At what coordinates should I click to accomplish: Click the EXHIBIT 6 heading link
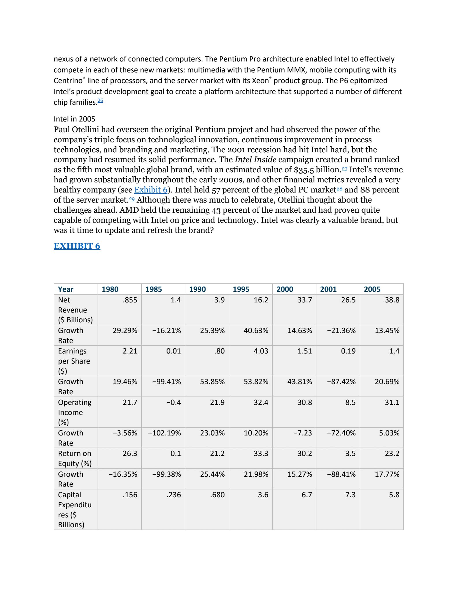click(77, 246)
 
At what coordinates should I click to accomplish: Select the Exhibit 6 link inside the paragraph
click(151, 190)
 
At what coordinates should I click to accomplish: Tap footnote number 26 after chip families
click(100, 100)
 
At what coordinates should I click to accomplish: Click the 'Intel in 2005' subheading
click(74, 119)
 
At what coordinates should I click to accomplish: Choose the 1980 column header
click(110, 289)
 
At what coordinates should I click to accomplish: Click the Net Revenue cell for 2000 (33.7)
click(305, 300)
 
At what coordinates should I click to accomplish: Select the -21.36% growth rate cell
click(341, 331)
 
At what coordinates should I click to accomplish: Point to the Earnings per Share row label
click(74, 361)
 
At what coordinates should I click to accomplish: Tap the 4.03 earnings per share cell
click(261, 351)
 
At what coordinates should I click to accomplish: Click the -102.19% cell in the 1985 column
click(165, 433)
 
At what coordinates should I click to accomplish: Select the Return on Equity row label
click(74, 458)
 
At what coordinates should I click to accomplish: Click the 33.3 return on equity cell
click(261, 454)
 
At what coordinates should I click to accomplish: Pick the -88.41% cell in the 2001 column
click(341, 474)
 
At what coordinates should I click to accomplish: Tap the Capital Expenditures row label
click(74, 510)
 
